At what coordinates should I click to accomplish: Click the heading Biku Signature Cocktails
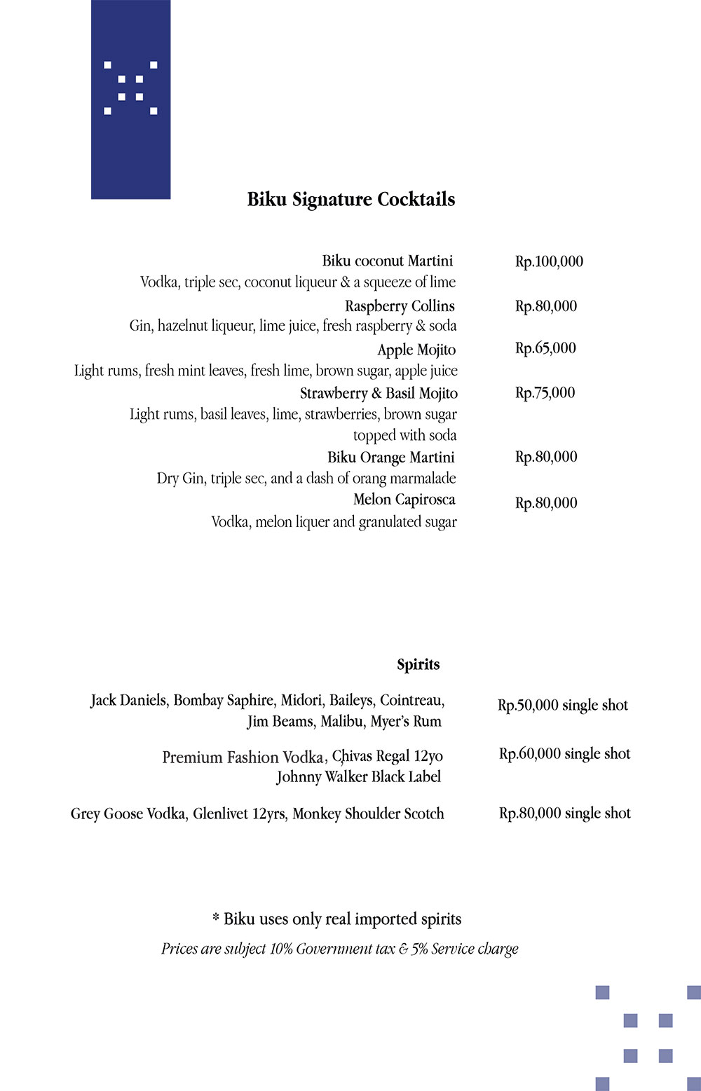(350, 200)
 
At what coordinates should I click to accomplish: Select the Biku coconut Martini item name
(387, 261)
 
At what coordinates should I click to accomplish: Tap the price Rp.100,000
(549, 261)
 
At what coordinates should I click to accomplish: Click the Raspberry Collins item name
(400, 306)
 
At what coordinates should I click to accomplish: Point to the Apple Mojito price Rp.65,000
(545, 348)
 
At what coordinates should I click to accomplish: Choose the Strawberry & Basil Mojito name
(379, 393)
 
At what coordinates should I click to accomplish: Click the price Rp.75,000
(545, 392)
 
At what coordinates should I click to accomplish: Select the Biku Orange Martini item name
(390, 458)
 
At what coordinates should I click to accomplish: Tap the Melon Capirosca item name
(404, 500)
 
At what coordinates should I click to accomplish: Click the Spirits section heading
(418, 664)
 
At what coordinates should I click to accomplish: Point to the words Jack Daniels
(128, 700)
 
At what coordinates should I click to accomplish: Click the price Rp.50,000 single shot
(563, 705)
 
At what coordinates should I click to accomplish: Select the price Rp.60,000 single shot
(564, 754)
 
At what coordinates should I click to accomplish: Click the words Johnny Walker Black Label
(358, 776)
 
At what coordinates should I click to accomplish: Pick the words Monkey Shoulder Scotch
(368, 814)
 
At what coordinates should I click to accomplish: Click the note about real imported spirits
(337, 919)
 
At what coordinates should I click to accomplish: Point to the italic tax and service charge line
(339, 949)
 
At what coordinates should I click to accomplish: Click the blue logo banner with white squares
(130, 100)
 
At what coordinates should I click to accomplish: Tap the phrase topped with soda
(404, 435)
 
